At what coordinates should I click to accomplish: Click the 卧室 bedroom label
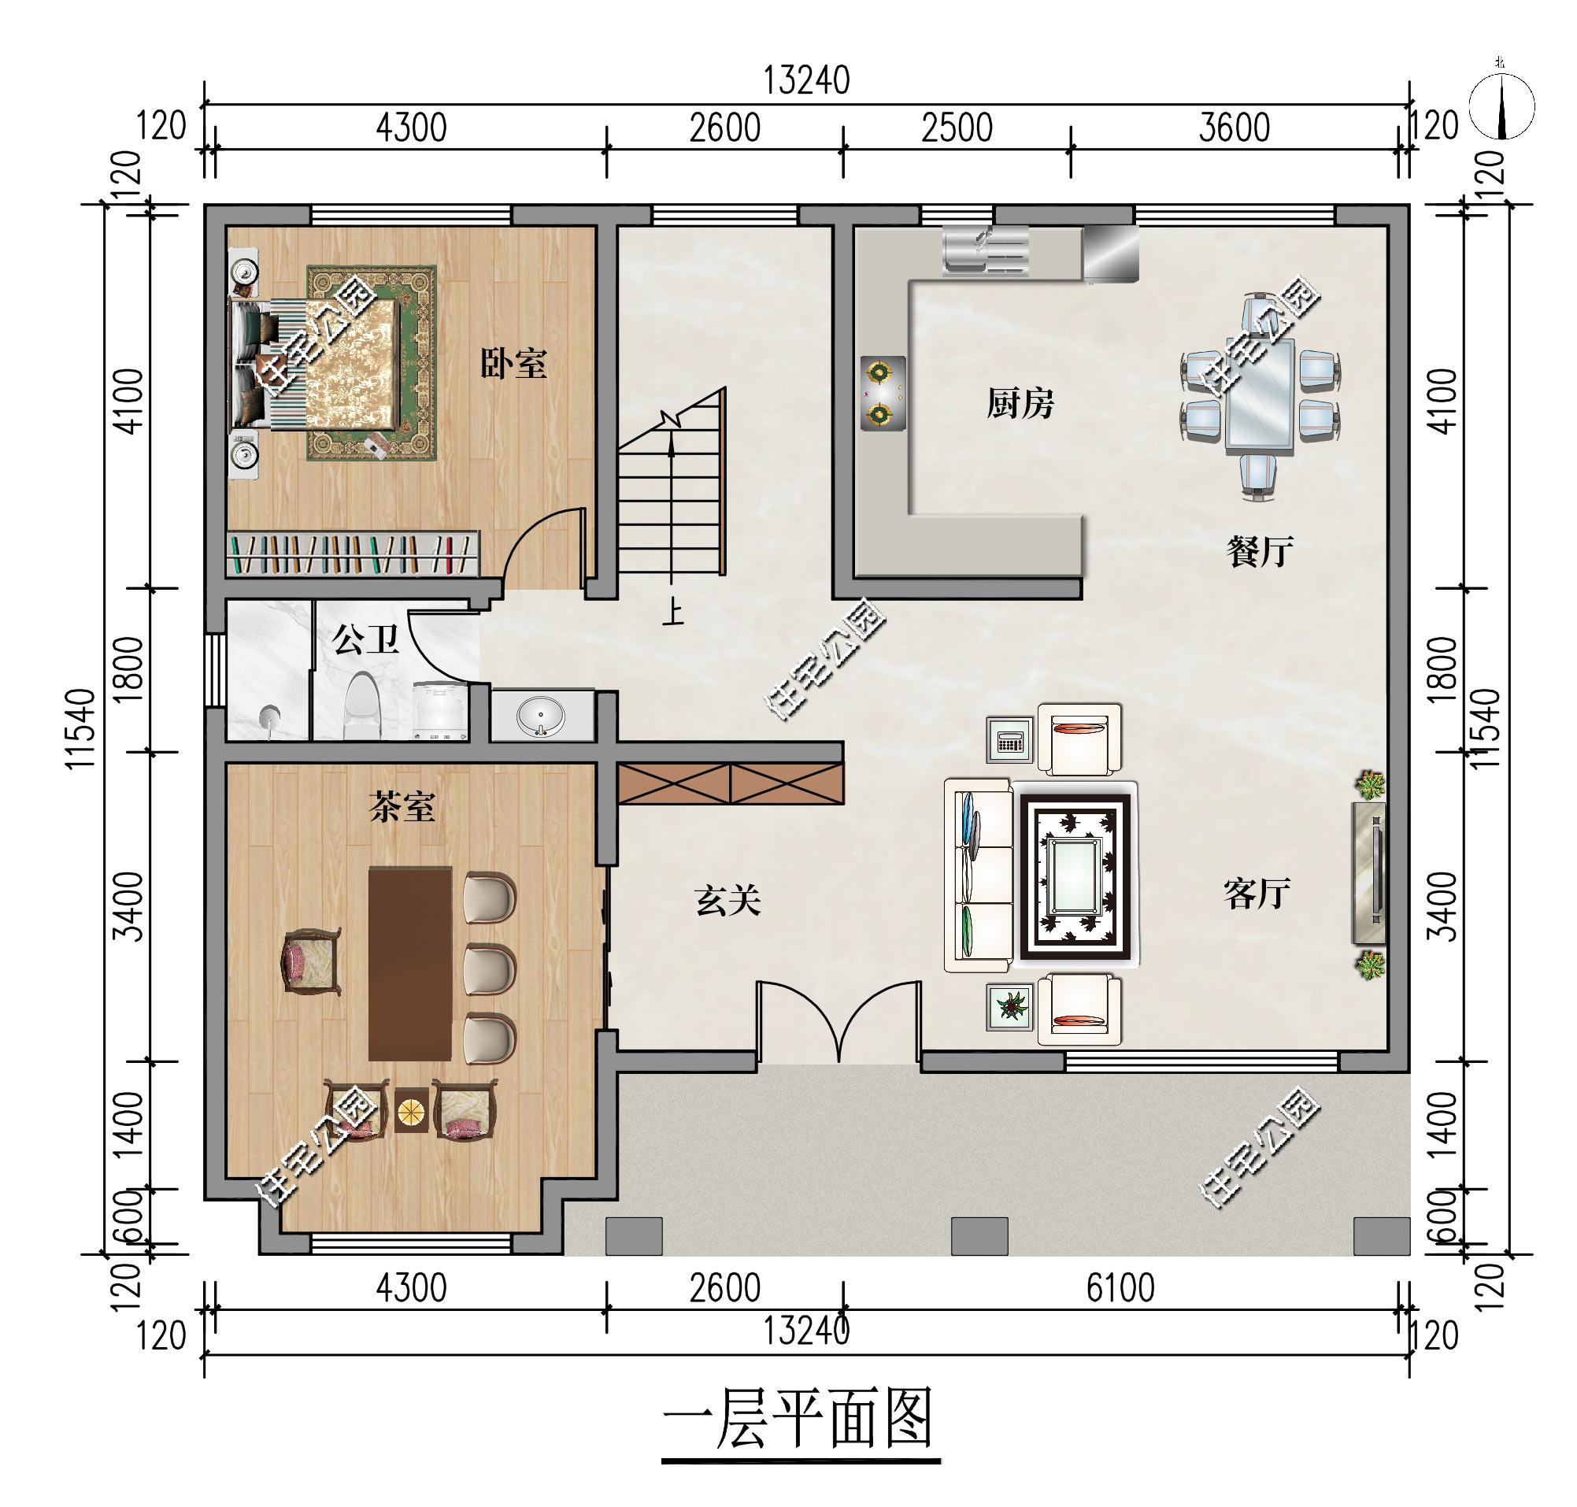[x=513, y=363]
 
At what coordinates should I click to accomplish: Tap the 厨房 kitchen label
[x=1020, y=403]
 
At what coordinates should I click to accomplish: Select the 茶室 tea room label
[x=402, y=806]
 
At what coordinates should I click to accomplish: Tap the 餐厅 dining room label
[x=1260, y=552]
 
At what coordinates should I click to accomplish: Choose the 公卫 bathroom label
[x=365, y=640]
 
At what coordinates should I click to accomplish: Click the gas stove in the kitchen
[x=883, y=393]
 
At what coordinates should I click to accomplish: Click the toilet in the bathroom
[x=361, y=706]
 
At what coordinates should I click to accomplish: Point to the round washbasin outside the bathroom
[x=542, y=714]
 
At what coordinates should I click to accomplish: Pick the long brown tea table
[x=409, y=963]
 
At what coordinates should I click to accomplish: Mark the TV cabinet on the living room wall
[x=1369, y=872]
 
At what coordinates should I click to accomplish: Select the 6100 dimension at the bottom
[x=1120, y=1288]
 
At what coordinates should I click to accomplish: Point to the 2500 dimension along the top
[x=957, y=128]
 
